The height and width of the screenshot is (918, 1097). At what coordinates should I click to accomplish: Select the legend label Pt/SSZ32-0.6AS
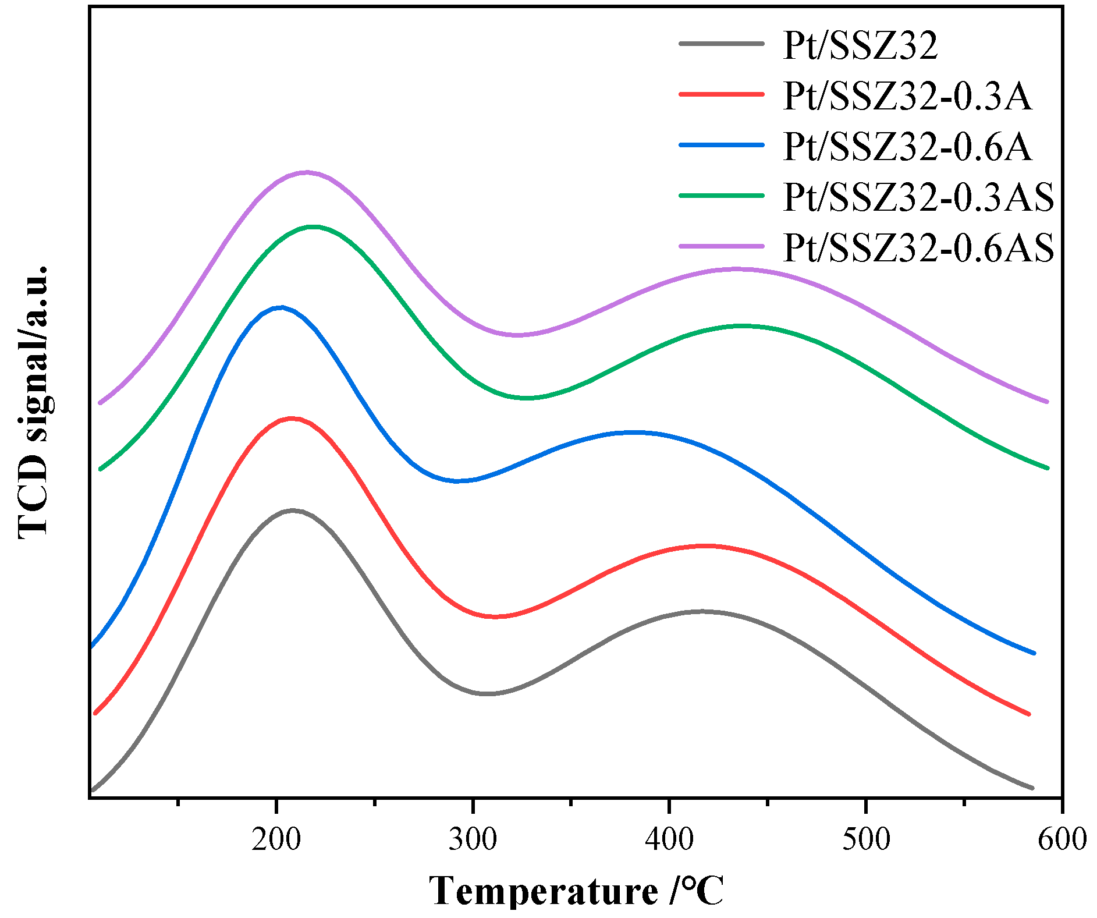point(918,247)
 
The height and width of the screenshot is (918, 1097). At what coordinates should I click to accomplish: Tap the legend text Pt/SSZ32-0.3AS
point(918,197)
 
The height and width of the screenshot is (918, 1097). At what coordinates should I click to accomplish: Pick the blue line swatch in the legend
point(721,145)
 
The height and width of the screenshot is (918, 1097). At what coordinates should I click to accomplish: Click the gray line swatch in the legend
point(721,43)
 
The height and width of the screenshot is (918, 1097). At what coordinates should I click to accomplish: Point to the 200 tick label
point(276,839)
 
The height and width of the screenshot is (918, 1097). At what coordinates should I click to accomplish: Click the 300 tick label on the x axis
point(473,839)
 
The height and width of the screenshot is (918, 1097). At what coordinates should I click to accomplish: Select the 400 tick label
point(670,839)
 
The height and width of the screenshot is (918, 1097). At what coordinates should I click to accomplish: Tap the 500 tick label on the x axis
point(867,839)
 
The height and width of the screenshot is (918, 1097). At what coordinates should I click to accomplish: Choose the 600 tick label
point(1062,839)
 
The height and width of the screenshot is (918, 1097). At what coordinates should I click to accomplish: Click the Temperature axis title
point(576,891)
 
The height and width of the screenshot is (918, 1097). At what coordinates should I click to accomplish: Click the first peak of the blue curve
point(281,307)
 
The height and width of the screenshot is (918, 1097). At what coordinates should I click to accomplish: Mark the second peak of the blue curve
point(634,433)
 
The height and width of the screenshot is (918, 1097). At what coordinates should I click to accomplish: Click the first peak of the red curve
point(291,418)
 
